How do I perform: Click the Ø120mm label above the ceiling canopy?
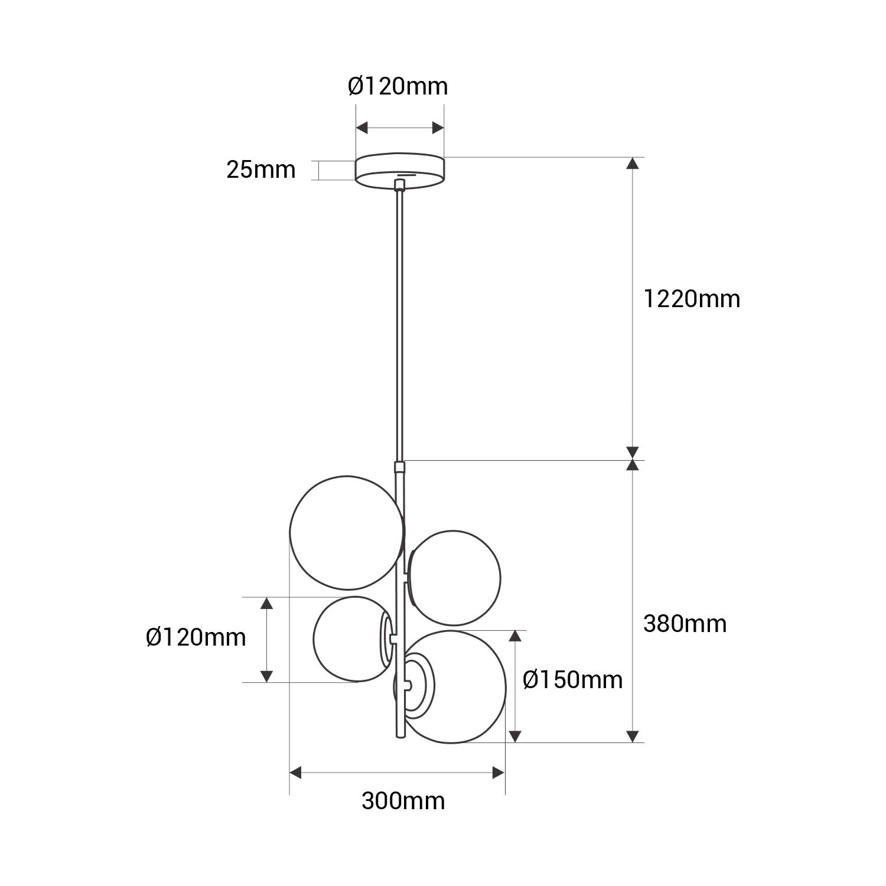tap(398, 87)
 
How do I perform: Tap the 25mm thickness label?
tap(260, 170)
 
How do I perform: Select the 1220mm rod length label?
tap(691, 299)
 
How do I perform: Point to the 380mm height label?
tap(685, 624)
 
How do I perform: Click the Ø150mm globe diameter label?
tap(572, 680)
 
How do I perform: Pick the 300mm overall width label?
tap(403, 802)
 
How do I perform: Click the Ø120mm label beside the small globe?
tap(196, 637)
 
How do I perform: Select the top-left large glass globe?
tap(347, 532)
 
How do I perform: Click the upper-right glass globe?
tap(455, 578)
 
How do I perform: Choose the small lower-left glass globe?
tap(348, 639)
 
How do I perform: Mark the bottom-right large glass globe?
tap(458, 686)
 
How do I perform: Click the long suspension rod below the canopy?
tap(400, 325)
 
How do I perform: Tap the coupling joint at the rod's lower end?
tap(400, 468)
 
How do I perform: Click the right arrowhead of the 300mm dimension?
tap(499, 773)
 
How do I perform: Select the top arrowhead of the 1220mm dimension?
tap(633, 164)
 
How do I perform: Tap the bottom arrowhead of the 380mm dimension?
tap(633, 736)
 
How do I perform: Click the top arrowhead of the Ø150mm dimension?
tap(515, 636)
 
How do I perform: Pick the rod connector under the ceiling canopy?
tap(400, 185)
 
